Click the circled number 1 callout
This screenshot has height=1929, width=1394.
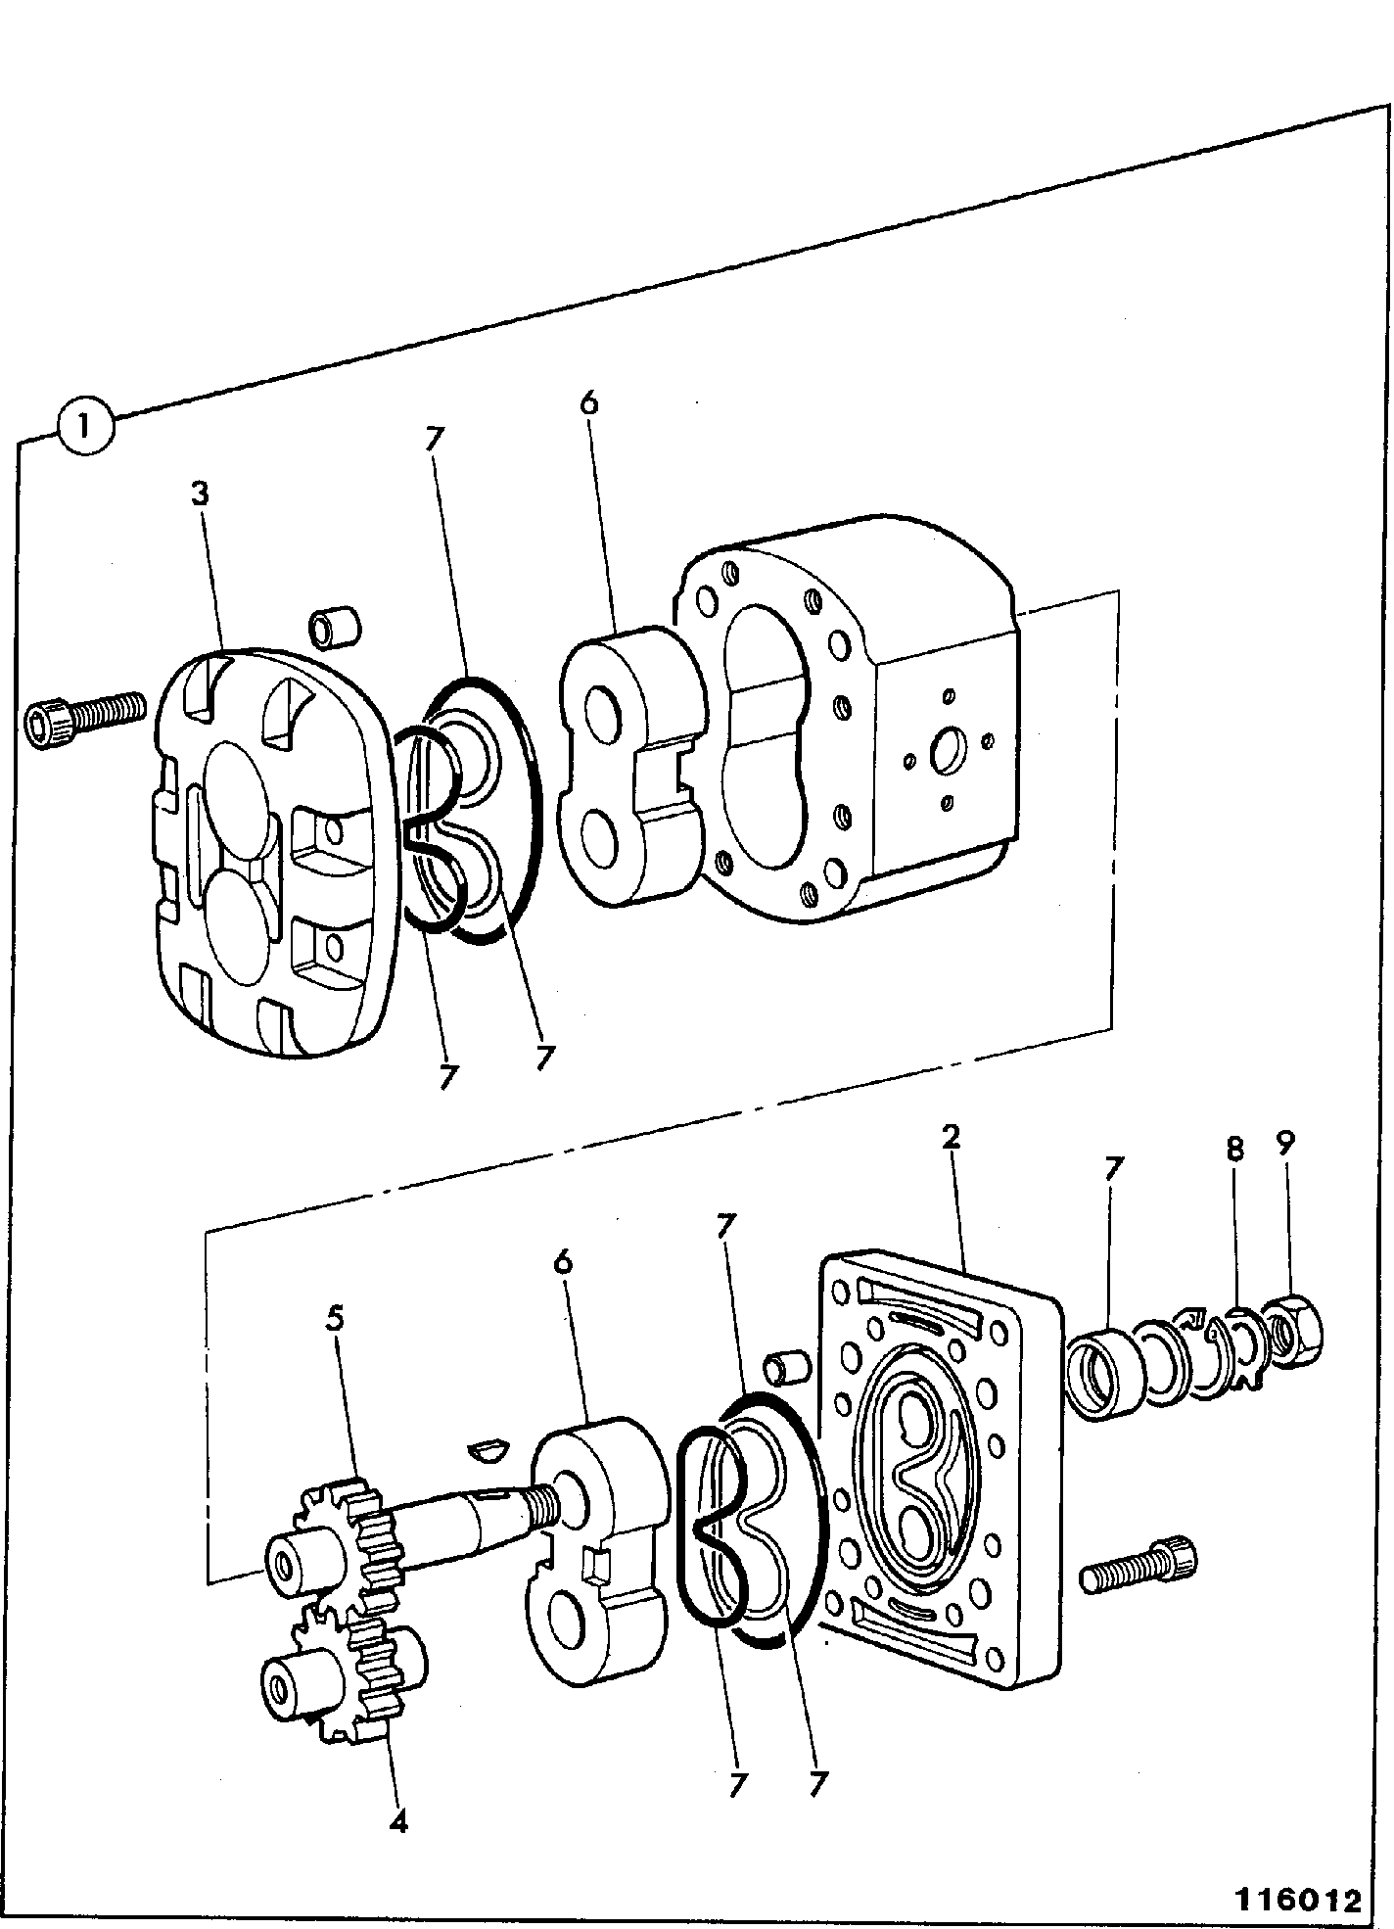coord(88,427)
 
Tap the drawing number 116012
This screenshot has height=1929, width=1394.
coord(1298,1900)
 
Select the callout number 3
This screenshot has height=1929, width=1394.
coord(201,494)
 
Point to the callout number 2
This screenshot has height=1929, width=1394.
coord(950,1137)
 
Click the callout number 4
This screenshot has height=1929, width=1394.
coord(397,1821)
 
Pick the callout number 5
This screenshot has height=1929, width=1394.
coord(336,1319)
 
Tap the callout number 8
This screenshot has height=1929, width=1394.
coord(1234,1148)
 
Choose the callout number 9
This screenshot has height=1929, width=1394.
coord(1285,1142)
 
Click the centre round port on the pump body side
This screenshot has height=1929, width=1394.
coord(947,751)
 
